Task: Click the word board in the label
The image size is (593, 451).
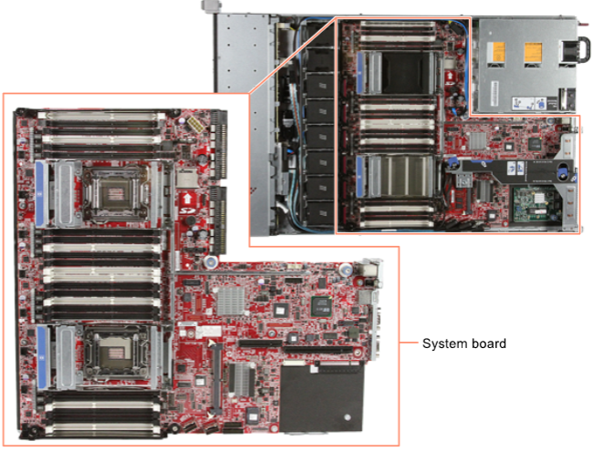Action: point(489,343)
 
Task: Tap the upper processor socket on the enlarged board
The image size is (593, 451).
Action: point(115,194)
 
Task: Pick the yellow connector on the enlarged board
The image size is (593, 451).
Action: point(194,124)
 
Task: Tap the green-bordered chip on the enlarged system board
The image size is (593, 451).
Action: point(321,305)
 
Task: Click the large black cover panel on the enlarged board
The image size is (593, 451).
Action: point(322,396)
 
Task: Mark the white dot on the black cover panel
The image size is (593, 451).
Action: point(348,417)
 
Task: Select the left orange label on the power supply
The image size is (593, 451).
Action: point(495,52)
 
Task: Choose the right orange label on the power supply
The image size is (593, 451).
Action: point(533,52)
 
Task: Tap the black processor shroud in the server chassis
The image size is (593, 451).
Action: point(405,73)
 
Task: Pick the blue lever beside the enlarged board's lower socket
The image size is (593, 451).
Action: point(43,358)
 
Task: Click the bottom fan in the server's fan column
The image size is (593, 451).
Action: point(319,214)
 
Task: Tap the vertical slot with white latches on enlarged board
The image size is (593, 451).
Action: point(216,378)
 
